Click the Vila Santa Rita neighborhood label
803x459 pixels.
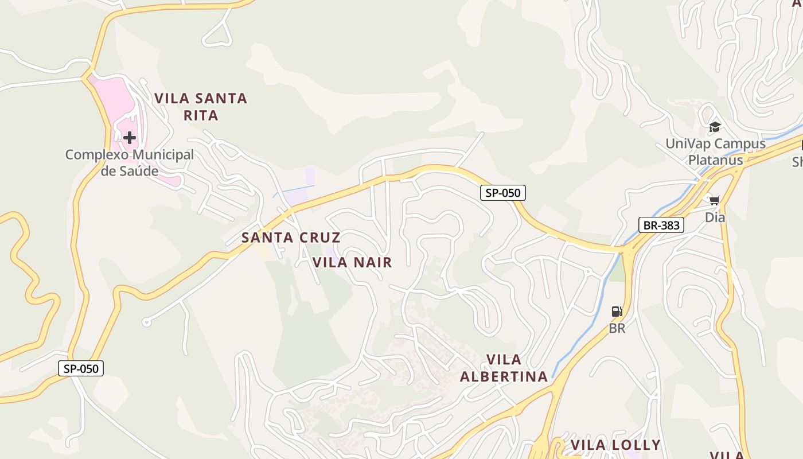(201, 107)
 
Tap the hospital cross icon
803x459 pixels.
(130, 138)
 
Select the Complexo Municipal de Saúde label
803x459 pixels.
(130, 162)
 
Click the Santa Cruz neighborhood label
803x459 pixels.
(291, 238)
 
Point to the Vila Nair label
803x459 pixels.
(352, 263)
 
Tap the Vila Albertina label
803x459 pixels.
(504, 368)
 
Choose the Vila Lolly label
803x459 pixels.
(615, 445)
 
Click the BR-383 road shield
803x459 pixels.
(661, 225)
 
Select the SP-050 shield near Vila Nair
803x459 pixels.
(503, 193)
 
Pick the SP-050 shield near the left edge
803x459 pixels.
(81, 368)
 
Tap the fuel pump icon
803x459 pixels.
(617, 312)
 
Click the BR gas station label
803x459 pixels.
(617, 329)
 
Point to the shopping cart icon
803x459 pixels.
(715, 200)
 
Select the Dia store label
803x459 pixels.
(715, 217)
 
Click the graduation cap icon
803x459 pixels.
(715, 127)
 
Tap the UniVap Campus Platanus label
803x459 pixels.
(715, 151)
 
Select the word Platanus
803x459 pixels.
(715, 160)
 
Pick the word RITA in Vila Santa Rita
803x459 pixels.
(201, 115)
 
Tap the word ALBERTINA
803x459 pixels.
(504, 376)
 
